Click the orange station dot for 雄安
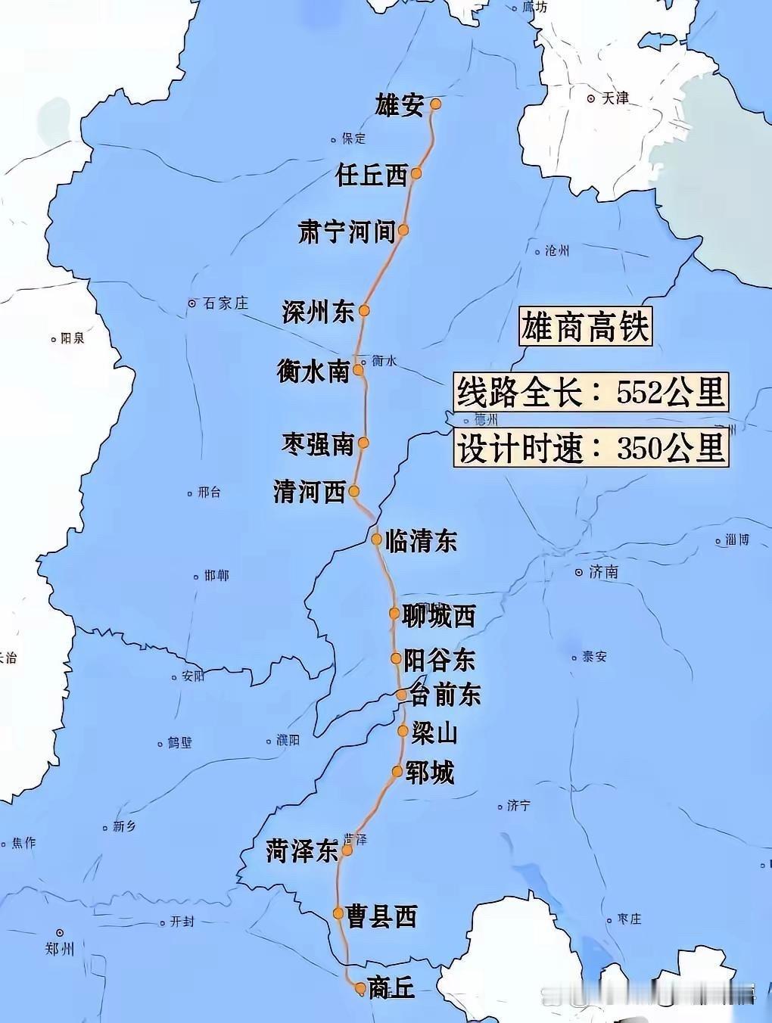pyautogui.click(x=435, y=104)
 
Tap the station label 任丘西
pyautogui.click(x=372, y=176)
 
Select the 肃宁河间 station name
pyautogui.click(x=347, y=232)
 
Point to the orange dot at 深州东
pyautogui.click(x=364, y=310)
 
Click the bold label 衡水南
pyautogui.click(x=313, y=372)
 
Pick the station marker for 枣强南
pyautogui.click(x=363, y=443)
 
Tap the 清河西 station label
pyautogui.click(x=309, y=493)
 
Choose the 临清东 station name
pyautogui.click(x=422, y=541)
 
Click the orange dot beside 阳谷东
pyautogui.click(x=396, y=658)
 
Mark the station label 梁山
pyautogui.click(x=434, y=732)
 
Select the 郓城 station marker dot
pyautogui.click(x=397, y=771)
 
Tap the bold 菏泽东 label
pyautogui.click(x=301, y=851)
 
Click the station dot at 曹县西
pyautogui.click(x=338, y=913)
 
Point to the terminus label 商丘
pyautogui.click(x=391, y=987)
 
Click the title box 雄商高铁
pyautogui.click(x=584, y=328)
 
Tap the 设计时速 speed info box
pyautogui.click(x=591, y=448)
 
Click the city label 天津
pyautogui.click(x=615, y=98)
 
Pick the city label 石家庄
pyautogui.click(x=226, y=303)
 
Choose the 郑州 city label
pyautogui.click(x=59, y=947)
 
